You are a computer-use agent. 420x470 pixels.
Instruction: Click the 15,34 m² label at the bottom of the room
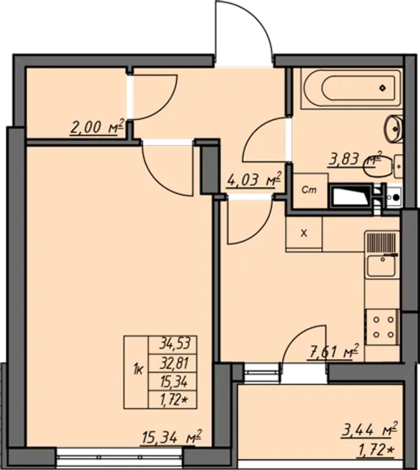[171, 438]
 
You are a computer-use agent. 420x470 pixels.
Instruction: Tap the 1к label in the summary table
[137, 369]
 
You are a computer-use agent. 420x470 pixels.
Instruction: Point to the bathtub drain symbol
[383, 88]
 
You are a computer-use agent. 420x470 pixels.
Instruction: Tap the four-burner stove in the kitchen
[381, 326]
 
